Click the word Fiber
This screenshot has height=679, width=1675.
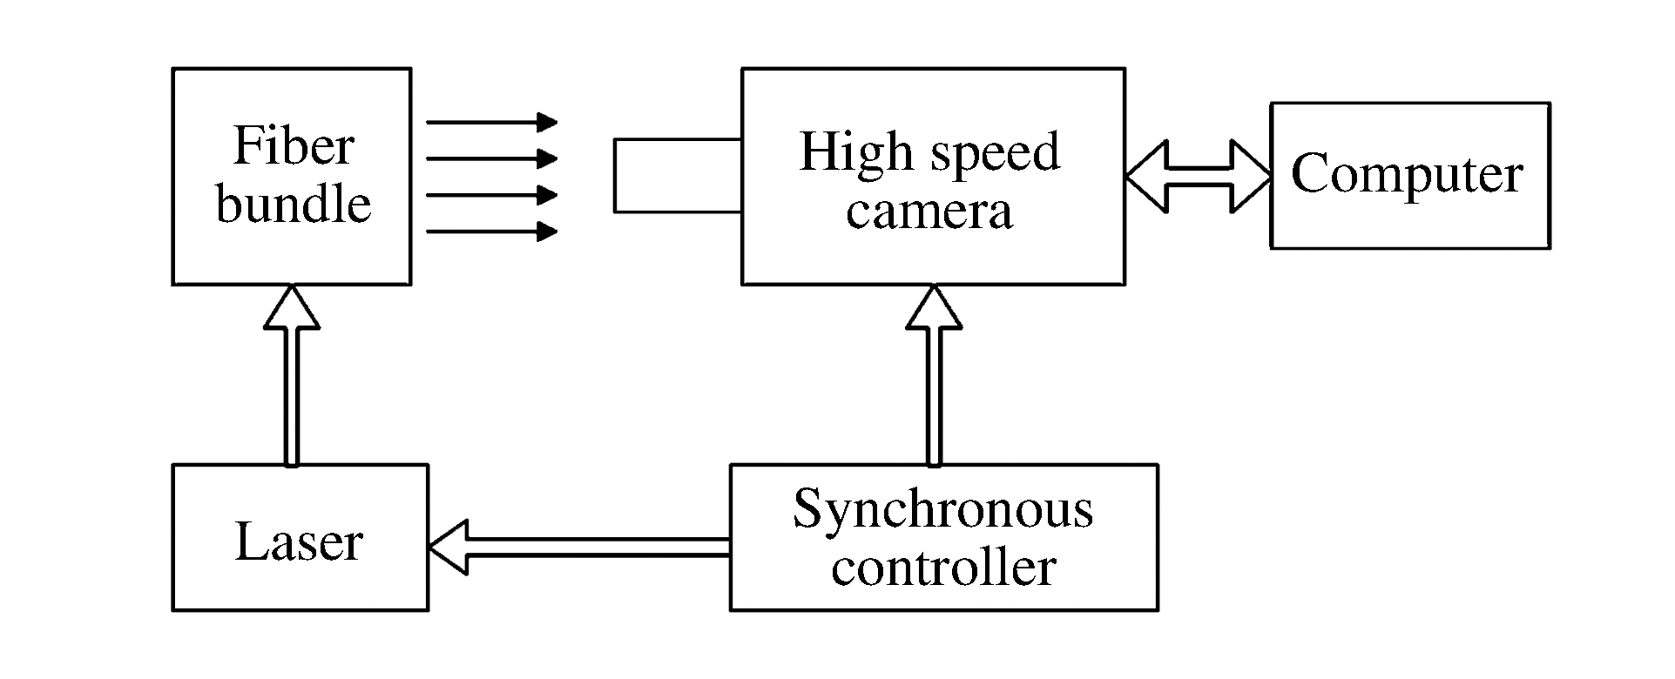pyautogui.click(x=294, y=146)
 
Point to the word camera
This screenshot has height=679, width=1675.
pyautogui.click(x=929, y=212)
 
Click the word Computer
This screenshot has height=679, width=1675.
pyautogui.click(x=1407, y=174)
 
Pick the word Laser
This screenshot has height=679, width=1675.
pyautogui.click(x=299, y=541)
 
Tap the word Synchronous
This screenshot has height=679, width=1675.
pyautogui.click(x=942, y=508)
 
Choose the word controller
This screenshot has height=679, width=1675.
pyautogui.click(x=943, y=567)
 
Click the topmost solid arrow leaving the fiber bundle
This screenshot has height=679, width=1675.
pyautogui.click(x=491, y=122)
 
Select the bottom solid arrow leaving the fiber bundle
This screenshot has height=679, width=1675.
pyautogui.click(x=491, y=232)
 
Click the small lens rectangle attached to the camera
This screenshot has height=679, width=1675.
pyautogui.click(x=678, y=175)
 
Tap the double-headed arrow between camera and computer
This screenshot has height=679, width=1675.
pyautogui.click(x=1198, y=177)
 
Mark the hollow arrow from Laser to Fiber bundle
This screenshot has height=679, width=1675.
pyautogui.click(x=291, y=374)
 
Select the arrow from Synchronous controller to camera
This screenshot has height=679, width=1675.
pyautogui.click(x=934, y=374)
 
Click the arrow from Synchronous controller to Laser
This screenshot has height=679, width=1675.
pyautogui.click(x=579, y=547)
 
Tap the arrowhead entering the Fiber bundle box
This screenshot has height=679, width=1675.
pyautogui.click(x=291, y=308)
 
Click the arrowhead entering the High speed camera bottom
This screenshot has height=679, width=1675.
pyautogui.click(x=934, y=308)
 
